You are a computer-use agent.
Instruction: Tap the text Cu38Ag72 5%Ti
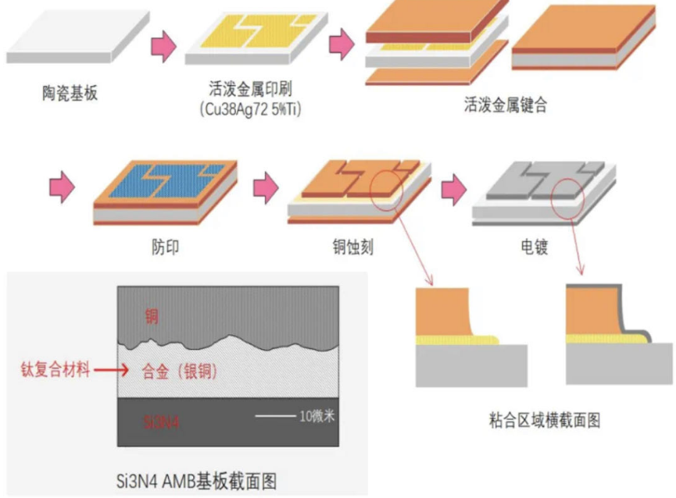251,109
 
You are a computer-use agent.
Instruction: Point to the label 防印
165,247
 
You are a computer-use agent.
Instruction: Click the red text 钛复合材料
54,370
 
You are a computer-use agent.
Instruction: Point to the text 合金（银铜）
181,370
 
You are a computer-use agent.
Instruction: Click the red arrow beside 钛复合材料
104,370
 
